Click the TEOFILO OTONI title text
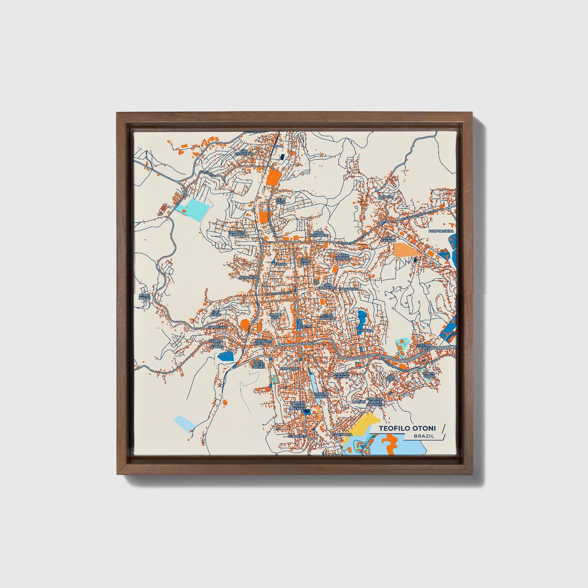(407, 428)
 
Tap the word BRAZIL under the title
(423, 436)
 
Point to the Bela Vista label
(280, 201)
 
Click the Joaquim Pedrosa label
(237, 233)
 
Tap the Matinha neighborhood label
(386, 197)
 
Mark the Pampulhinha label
(440, 231)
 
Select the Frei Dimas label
(215, 313)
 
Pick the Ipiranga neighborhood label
(365, 331)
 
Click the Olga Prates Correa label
(258, 364)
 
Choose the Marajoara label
(290, 369)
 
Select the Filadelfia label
(296, 436)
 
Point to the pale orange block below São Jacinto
(405, 249)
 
